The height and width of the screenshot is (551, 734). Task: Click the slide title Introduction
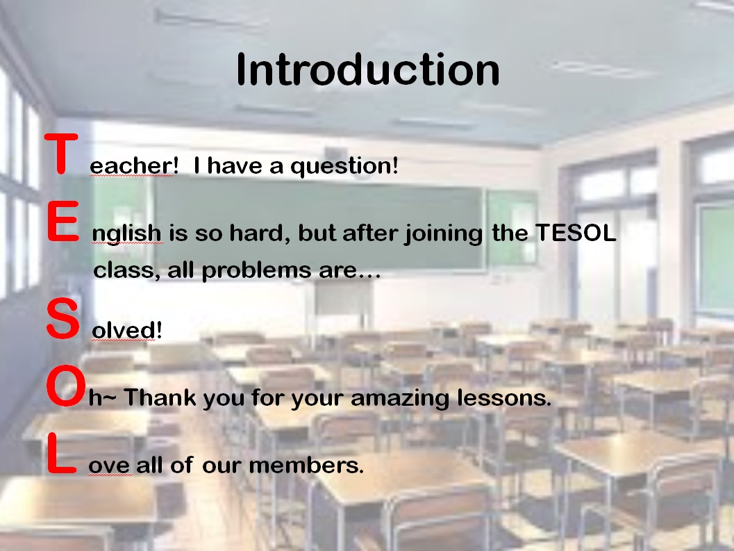click(x=368, y=69)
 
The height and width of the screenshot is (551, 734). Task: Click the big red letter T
click(x=61, y=154)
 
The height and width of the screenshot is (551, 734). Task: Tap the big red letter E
click(x=62, y=221)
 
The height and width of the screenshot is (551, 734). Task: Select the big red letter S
click(x=62, y=319)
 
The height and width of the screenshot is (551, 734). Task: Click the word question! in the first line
click(x=344, y=166)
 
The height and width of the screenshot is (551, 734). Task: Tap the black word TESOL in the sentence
click(x=575, y=232)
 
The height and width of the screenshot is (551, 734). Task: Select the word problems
click(x=256, y=271)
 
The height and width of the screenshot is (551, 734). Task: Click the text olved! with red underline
click(x=127, y=330)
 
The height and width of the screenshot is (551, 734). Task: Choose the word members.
click(x=306, y=466)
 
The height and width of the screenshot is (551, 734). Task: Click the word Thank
click(x=160, y=397)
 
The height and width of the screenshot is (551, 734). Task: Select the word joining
click(x=443, y=233)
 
